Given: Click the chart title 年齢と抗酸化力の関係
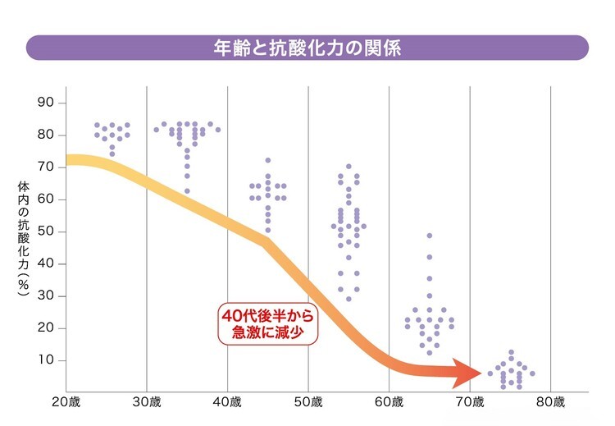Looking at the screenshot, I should pos(307,47).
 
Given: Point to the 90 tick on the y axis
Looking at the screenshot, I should pos(46,103).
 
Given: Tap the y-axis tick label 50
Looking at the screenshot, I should pos(46,231).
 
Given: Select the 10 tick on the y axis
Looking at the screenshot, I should pos(46,360).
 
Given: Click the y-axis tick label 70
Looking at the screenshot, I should pos(46,167).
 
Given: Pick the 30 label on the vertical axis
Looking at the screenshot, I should pos(46,296).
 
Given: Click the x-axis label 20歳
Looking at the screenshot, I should pos(66,403).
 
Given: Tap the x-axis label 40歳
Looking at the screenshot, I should pos(228,403).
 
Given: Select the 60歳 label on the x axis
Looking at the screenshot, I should pos(389,403).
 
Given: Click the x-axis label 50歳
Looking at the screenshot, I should pos(308,403).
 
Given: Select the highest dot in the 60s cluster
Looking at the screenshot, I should pos(429,236).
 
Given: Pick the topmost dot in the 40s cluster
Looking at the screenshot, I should pos(267,160).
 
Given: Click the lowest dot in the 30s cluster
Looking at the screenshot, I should pos(187,191).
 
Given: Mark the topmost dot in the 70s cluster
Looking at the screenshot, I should pos(511,352).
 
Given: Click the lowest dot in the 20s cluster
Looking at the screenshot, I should pos(112,154).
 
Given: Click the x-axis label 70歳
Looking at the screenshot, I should pos(470,403).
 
